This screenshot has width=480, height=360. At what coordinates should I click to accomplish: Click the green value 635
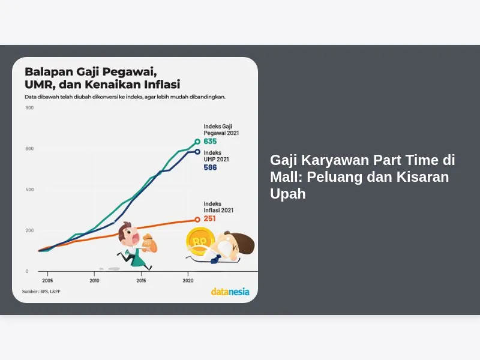211,142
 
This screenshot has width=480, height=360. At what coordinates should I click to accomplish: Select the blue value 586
211,167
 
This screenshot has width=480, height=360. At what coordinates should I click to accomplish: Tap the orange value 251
209,218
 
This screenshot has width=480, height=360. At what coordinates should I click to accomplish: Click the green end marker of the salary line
197,142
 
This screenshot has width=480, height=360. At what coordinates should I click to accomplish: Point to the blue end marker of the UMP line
197,152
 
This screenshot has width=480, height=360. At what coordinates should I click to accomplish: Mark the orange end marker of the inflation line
197,220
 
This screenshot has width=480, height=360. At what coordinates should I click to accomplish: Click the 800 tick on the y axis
29,108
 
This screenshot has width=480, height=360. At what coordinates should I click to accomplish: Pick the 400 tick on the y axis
29,190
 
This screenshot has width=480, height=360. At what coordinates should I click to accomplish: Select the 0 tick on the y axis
27,271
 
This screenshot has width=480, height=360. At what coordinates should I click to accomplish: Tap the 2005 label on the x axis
47,280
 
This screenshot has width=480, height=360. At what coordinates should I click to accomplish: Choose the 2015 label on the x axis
141,280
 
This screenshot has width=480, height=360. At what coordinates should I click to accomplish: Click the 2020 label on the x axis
188,280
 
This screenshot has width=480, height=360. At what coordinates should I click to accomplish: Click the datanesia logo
230,292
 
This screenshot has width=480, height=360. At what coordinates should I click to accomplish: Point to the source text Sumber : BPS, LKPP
41,292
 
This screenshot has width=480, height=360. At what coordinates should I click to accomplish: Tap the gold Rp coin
200,241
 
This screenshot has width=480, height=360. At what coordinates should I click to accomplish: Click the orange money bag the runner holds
149,243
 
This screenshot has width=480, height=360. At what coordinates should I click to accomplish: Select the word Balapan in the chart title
49,71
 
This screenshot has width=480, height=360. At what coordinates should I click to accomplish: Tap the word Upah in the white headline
288,194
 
